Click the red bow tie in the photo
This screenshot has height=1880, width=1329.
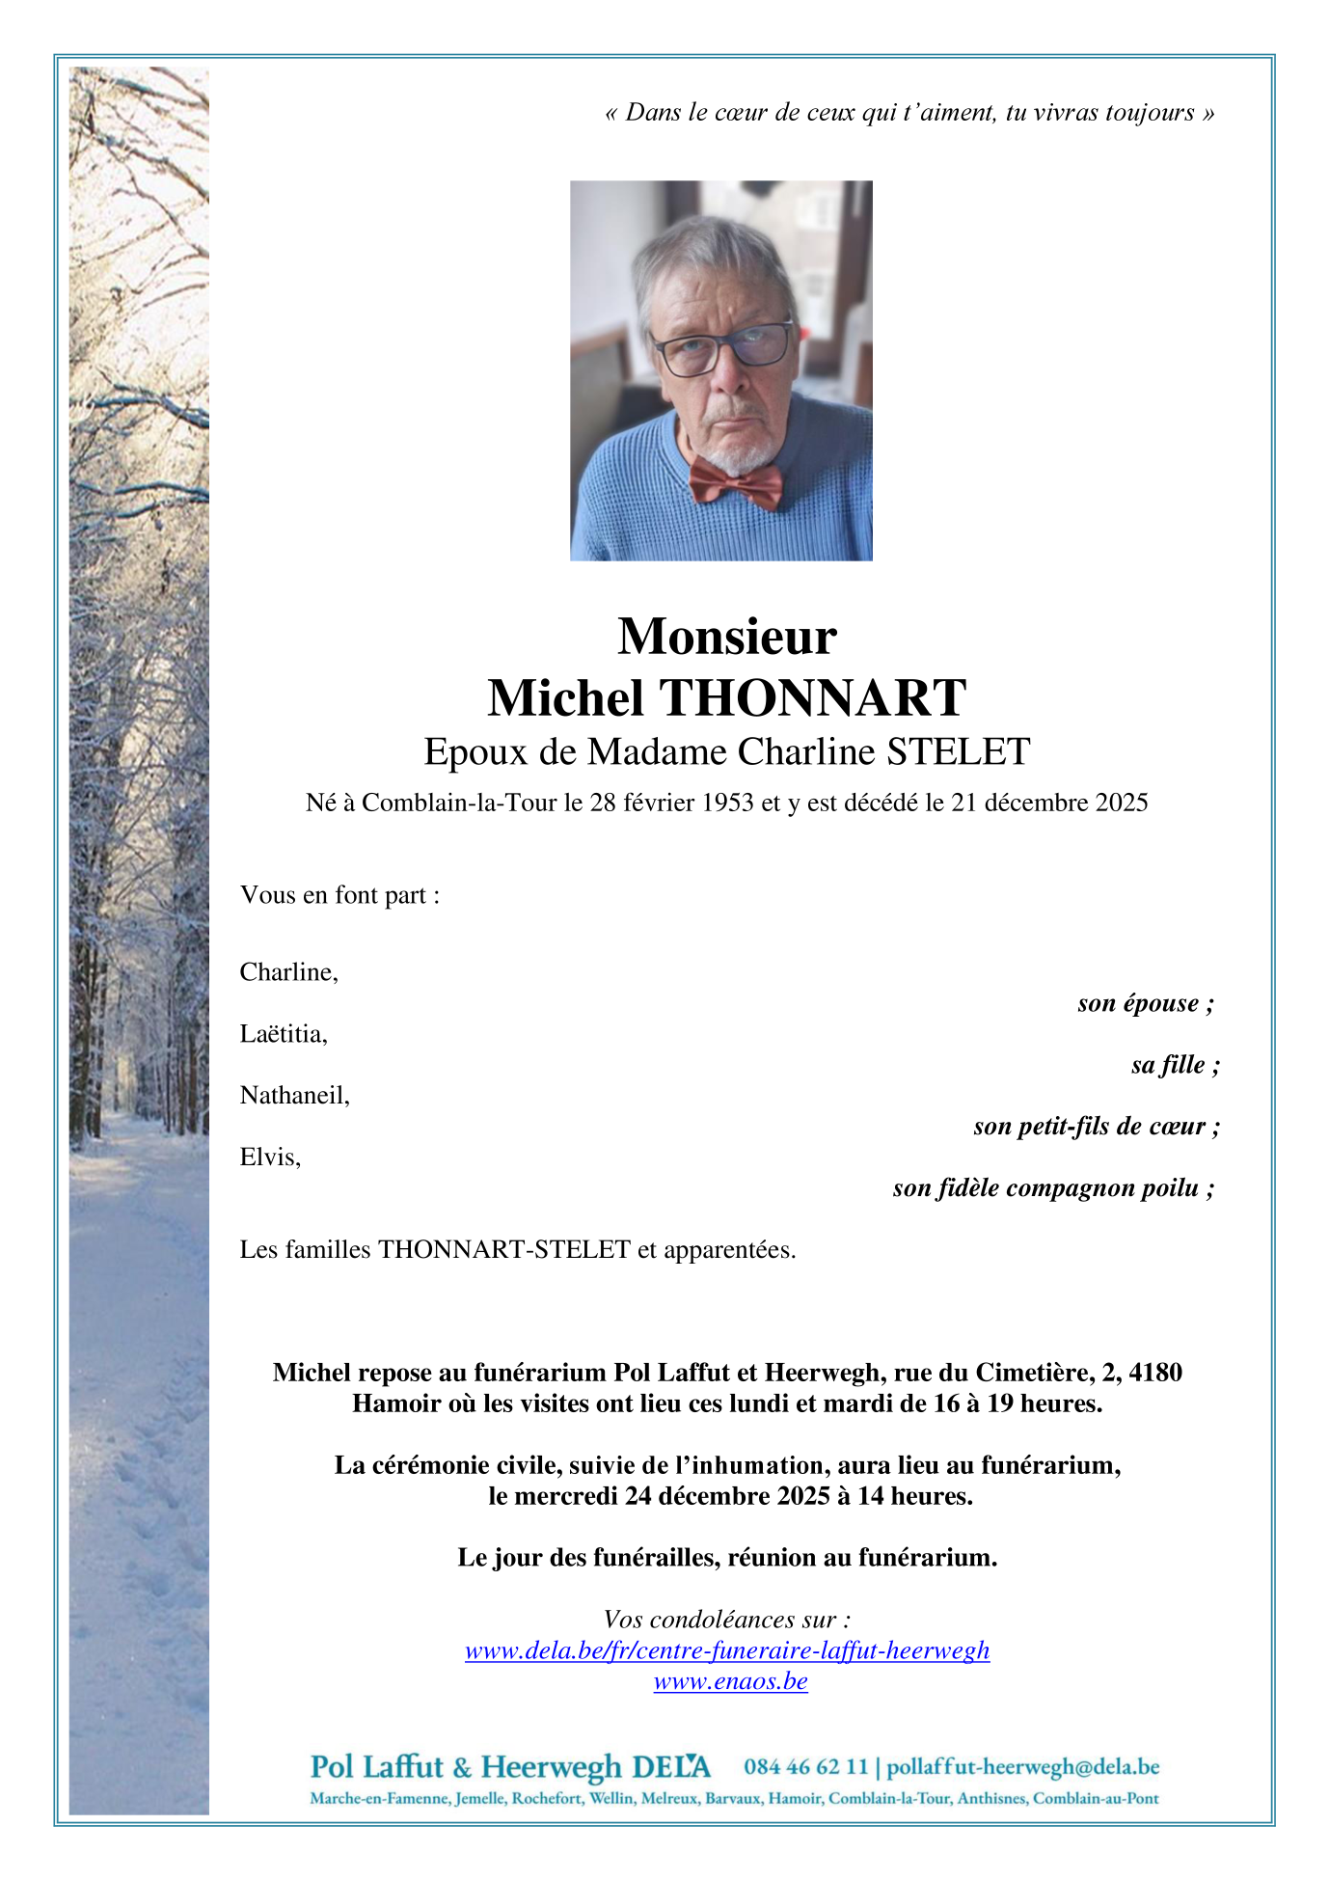pos(735,481)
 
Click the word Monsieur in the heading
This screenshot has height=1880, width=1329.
pos(727,637)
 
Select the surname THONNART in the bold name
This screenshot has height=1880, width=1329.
pos(812,698)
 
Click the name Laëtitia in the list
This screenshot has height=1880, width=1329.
pos(284,1034)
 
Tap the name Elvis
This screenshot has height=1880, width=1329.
pos(270,1157)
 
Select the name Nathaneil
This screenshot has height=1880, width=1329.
pos(294,1096)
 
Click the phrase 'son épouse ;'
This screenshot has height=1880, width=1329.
pos(1145,1003)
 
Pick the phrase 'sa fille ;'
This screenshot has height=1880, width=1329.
pos(1175,1065)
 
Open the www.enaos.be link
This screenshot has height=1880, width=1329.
pos(730,1681)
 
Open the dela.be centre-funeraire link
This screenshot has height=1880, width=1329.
pos(727,1650)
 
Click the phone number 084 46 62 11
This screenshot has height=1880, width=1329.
pos(805,1767)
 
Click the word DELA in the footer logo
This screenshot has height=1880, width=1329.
pos(671,1767)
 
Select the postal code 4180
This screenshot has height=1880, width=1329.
pos(1155,1373)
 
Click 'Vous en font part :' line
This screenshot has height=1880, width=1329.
pos(339,895)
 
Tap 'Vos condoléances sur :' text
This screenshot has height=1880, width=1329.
pos(727,1620)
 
